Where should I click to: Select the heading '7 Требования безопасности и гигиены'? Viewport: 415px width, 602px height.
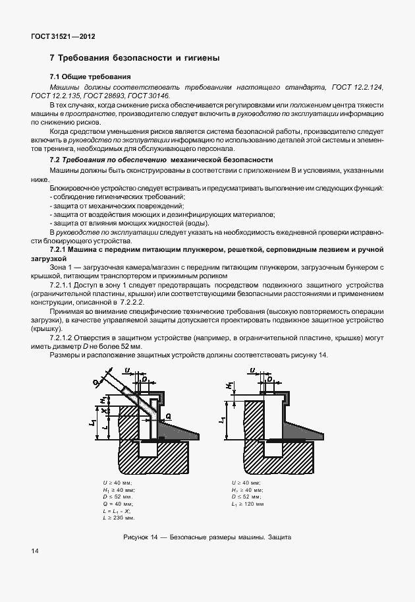coord(134,59)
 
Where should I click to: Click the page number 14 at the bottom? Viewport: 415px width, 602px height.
coord(35,550)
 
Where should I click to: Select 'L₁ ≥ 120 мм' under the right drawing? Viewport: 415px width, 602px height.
coord(248,504)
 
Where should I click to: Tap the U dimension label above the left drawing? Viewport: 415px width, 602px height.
coord(127,372)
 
